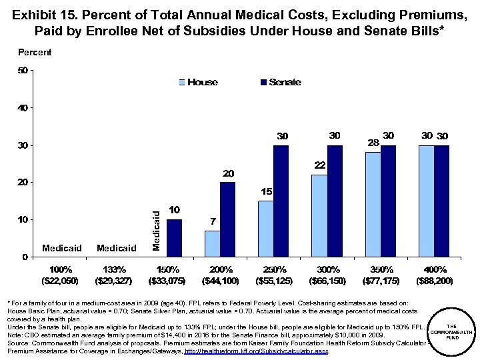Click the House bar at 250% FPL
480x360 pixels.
click(266, 229)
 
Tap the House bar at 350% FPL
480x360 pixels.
click(373, 204)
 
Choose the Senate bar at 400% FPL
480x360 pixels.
click(442, 201)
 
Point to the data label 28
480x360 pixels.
click(373, 143)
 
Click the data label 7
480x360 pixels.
click(213, 221)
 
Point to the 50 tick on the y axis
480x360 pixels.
click(22, 70)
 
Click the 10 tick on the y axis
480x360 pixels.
click(22, 219)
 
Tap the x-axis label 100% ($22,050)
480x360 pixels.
click(62, 274)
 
